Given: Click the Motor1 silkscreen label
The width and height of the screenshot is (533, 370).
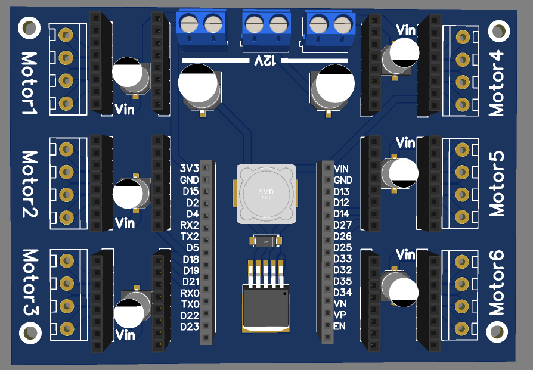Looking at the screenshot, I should pos(29,84).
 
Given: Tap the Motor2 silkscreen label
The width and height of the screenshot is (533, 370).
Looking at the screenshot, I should pos(29,184).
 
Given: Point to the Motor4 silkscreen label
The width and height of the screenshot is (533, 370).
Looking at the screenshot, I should pos(496,83).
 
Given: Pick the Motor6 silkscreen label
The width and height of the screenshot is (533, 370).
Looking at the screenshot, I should pos(496,282).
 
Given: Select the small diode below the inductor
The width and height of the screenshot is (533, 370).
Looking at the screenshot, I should pos(266,241).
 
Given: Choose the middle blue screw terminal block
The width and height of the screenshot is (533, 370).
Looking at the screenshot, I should pos(266,30).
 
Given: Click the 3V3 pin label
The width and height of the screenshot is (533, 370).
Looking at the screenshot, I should pos(189,169).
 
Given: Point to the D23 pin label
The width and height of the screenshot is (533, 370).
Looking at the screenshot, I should pos(189,327).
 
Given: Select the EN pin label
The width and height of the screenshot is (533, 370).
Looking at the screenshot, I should pos(339,327).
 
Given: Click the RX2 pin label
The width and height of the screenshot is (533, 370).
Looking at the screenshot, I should pos(189,225).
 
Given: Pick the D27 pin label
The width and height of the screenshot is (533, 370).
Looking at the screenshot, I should pos(342,225).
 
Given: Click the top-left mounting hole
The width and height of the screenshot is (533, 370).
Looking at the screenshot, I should pos(29,26).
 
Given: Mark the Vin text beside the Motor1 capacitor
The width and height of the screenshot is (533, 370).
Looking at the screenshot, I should pos(124,109).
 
